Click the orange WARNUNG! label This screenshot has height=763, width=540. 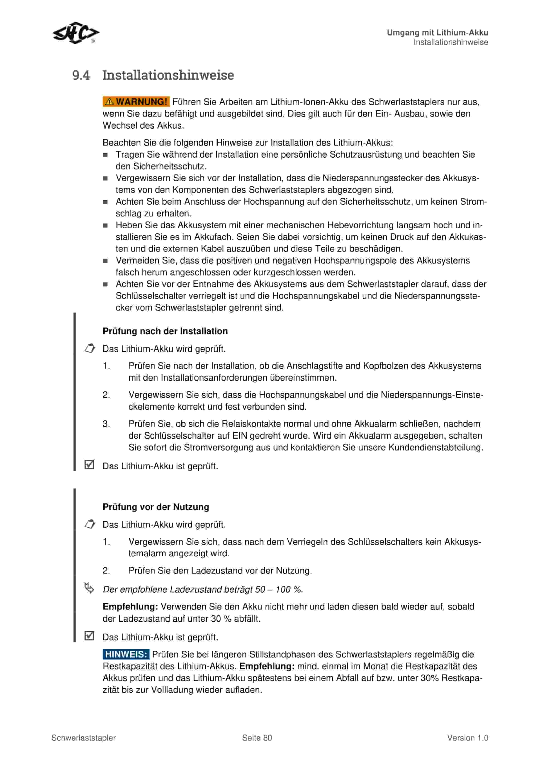tap(136, 102)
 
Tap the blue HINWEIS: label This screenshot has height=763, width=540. tap(126, 654)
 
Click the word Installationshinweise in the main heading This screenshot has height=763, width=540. tap(168, 75)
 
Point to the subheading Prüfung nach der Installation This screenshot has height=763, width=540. tap(165, 331)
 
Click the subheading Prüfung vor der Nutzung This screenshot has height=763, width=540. tap(156, 507)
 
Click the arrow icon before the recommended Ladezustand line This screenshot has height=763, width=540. tap(89, 588)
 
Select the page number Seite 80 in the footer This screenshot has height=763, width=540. tap(257, 738)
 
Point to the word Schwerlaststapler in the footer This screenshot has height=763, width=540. tap(83, 738)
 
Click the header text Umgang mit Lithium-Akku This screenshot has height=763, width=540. tap(437, 33)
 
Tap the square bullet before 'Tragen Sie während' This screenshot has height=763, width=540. tap(105, 155)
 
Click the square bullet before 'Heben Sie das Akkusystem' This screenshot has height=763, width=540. tap(105, 225)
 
